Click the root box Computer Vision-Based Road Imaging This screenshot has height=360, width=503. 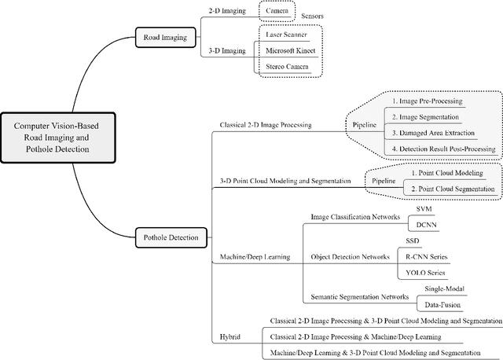62,137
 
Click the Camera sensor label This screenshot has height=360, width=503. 276,10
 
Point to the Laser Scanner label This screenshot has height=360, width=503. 287,35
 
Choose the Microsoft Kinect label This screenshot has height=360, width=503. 290,51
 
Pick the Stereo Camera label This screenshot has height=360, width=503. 288,68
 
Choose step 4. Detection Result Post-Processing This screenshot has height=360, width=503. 442,149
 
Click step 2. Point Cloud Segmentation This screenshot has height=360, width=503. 453,189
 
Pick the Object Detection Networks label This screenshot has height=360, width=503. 351,255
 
